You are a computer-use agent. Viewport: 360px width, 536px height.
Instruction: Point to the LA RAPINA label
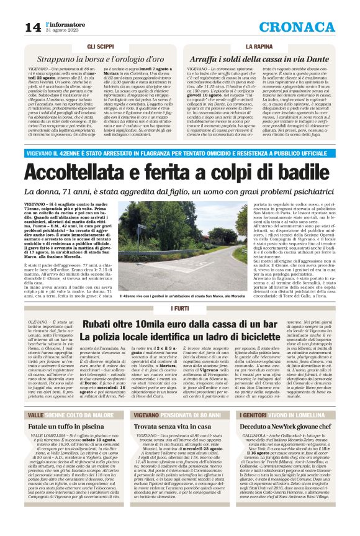259,47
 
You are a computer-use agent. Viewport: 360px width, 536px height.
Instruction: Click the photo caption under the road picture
180,298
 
